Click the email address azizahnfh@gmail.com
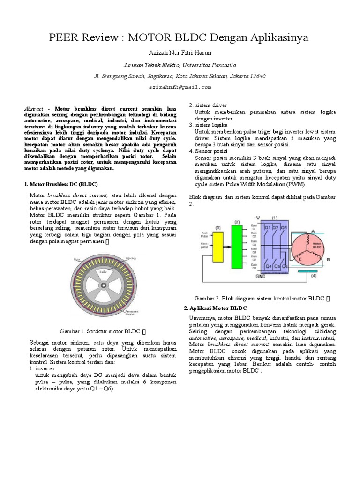tap(180, 87)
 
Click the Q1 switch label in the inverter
tap(267, 228)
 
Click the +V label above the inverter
tap(256, 217)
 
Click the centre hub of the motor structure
tap(103, 286)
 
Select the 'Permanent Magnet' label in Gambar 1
tap(132, 312)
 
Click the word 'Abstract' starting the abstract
tap(36, 108)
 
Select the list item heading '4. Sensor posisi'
tap(208, 151)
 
